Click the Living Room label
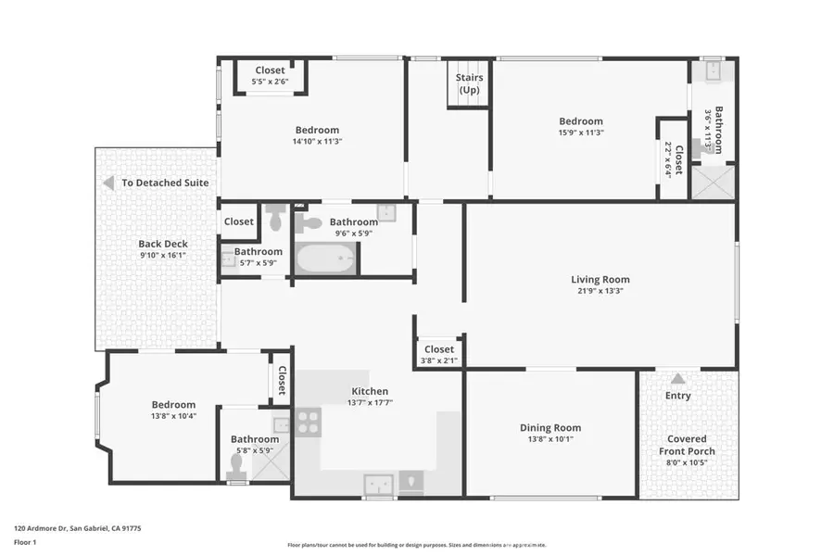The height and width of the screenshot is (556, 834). point(600,279)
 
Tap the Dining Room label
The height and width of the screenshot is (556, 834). point(550,428)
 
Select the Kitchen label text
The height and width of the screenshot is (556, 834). point(369,391)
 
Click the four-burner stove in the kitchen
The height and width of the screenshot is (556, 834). point(308,423)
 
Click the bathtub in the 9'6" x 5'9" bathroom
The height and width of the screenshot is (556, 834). point(324,259)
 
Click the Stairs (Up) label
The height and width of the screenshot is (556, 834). point(469,83)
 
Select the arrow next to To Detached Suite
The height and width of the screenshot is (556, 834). point(107,183)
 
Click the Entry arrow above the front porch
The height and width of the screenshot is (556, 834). point(678,378)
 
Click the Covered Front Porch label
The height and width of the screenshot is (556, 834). point(687,445)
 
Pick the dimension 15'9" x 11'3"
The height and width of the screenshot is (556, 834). point(581,133)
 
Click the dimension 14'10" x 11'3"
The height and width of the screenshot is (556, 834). point(317,142)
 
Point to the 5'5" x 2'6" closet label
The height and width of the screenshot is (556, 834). point(270,82)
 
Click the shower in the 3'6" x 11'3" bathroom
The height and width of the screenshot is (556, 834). point(714,182)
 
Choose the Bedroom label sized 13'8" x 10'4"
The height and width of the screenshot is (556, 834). point(173,404)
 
